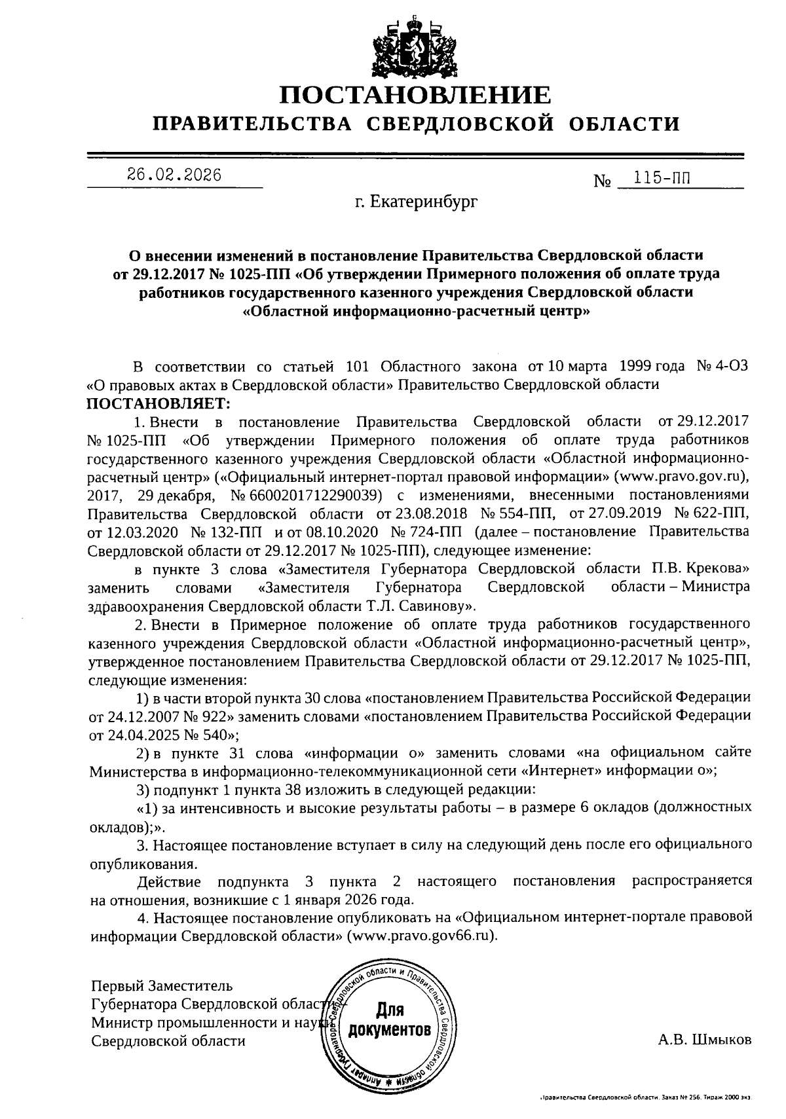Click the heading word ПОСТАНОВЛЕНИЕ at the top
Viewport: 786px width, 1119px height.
click(416, 95)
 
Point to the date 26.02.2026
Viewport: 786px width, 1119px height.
click(174, 175)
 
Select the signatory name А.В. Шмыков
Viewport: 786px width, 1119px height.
click(704, 1040)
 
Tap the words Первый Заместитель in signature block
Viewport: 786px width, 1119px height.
click(162, 985)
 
